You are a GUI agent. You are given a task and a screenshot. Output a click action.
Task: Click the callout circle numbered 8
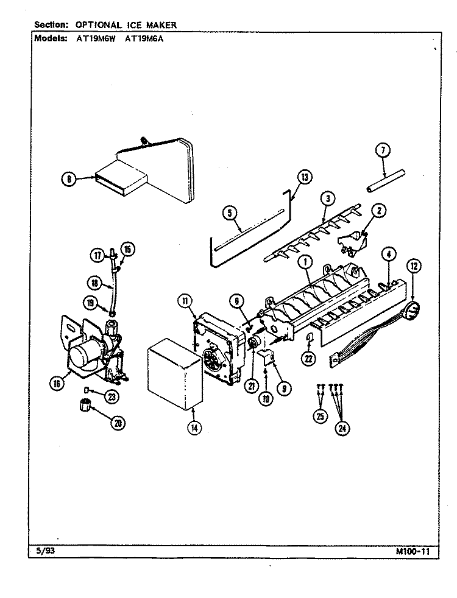click(x=69, y=180)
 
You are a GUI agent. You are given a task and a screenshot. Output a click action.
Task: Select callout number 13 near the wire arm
click(x=305, y=177)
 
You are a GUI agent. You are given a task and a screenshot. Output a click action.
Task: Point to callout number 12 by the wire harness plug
click(x=414, y=266)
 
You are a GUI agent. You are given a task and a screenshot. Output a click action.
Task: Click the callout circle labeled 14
click(x=194, y=428)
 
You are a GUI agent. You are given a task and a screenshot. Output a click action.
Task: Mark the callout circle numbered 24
click(x=342, y=428)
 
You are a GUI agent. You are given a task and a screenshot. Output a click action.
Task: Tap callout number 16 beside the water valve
click(x=57, y=384)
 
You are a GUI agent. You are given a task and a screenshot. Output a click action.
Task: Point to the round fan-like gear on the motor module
click(x=211, y=360)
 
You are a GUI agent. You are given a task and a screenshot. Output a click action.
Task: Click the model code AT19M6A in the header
click(x=144, y=38)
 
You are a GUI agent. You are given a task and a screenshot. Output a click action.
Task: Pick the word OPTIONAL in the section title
click(x=99, y=25)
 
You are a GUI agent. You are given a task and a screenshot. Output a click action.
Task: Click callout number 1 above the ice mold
click(x=306, y=262)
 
